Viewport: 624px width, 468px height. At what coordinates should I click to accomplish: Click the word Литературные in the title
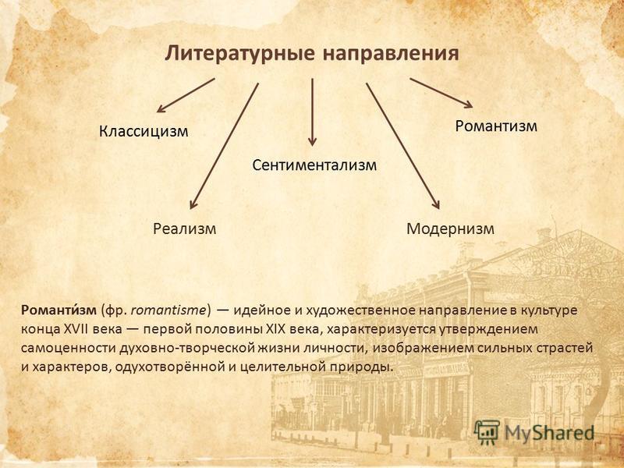(x=240, y=54)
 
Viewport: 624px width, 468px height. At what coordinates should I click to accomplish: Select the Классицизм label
(x=144, y=131)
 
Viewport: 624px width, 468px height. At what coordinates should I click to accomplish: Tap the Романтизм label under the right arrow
(x=496, y=126)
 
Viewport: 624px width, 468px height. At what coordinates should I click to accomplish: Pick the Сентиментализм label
(x=314, y=165)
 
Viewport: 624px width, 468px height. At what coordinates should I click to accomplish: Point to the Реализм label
(x=184, y=229)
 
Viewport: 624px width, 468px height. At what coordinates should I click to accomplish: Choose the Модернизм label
(x=450, y=229)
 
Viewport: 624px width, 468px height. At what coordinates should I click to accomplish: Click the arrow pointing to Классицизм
(x=186, y=95)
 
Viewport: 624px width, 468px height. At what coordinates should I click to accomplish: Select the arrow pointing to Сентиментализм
(x=313, y=112)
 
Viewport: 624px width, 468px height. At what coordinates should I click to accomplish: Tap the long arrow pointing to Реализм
(x=224, y=146)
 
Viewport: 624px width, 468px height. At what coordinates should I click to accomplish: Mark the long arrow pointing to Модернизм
(x=402, y=146)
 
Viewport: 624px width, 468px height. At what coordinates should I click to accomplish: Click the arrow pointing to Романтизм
(x=441, y=93)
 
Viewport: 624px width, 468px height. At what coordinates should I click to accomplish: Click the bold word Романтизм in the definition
(x=59, y=310)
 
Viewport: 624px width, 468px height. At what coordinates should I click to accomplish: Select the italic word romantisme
(x=168, y=310)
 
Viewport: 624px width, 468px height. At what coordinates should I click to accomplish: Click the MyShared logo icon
(x=487, y=432)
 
